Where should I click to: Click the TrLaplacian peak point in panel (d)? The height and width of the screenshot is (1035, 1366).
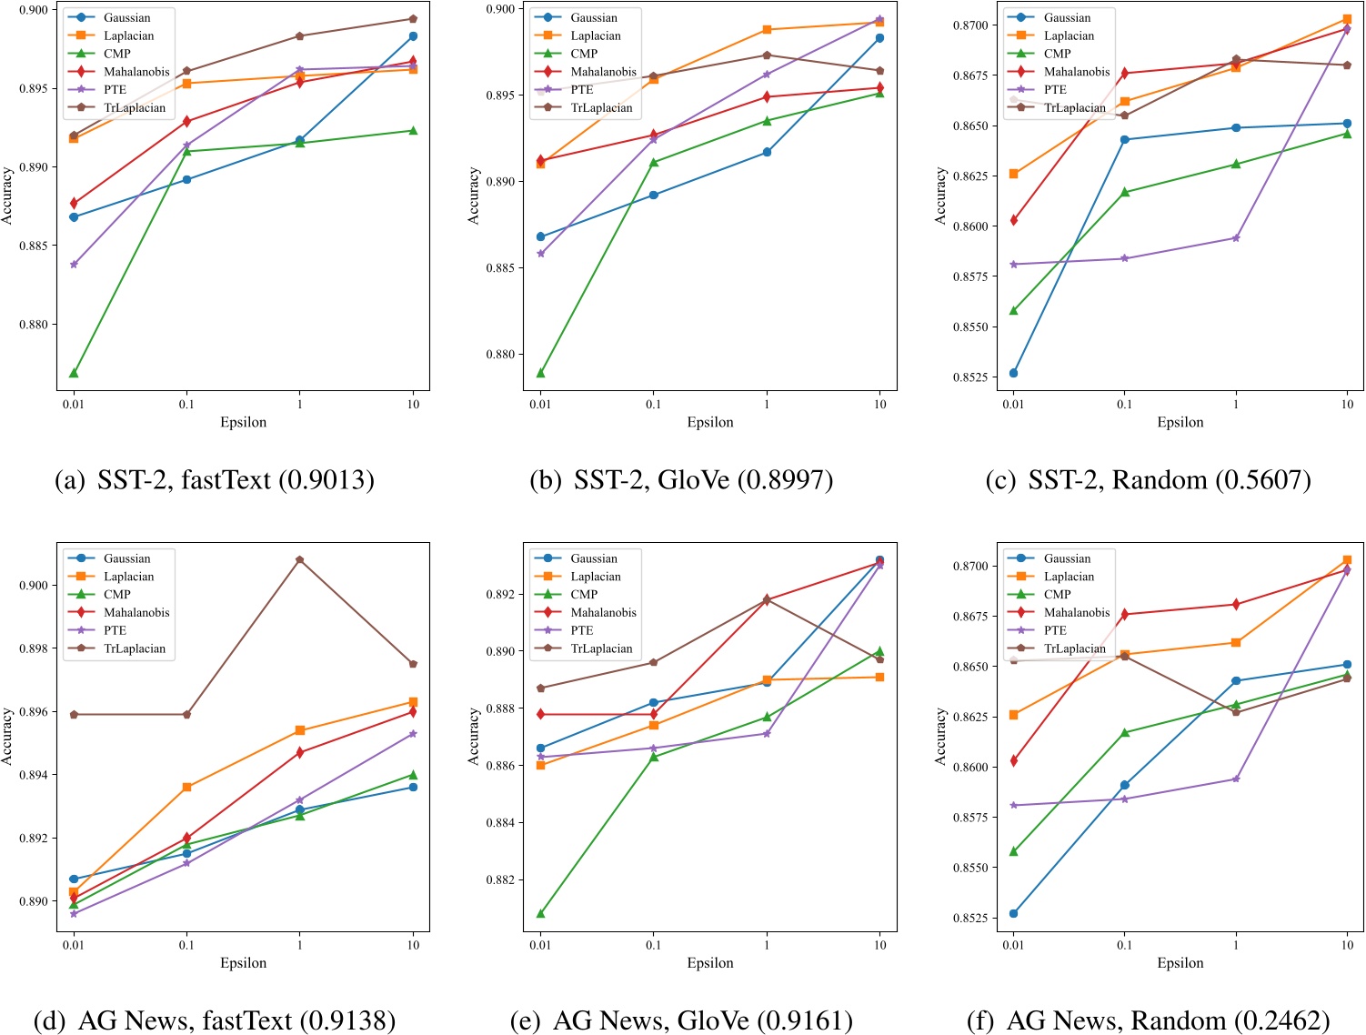click(300, 560)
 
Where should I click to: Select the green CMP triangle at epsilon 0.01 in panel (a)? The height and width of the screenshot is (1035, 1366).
click(74, 373)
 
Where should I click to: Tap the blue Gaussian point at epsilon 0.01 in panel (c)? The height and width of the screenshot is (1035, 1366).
click(1013, 373)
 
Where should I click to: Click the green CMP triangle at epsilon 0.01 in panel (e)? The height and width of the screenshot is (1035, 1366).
click(541, 913)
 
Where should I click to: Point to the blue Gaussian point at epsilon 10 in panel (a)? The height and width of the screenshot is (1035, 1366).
click(413, 36)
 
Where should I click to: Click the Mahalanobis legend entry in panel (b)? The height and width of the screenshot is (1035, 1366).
click(603, 72)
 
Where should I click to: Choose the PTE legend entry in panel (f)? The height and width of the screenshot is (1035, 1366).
click(1055, 630)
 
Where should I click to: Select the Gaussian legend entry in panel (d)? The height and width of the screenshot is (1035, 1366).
click(126, 558)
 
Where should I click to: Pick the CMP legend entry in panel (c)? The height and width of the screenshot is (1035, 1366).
click(1057, 54)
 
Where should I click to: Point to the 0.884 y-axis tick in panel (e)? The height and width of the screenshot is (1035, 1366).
click(501, 823)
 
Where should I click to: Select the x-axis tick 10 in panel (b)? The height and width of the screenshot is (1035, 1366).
click(879, 404)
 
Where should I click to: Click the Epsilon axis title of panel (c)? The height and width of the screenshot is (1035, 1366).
click(1180, 422)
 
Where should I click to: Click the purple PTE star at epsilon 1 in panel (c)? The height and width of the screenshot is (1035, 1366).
click(1235, 238)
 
